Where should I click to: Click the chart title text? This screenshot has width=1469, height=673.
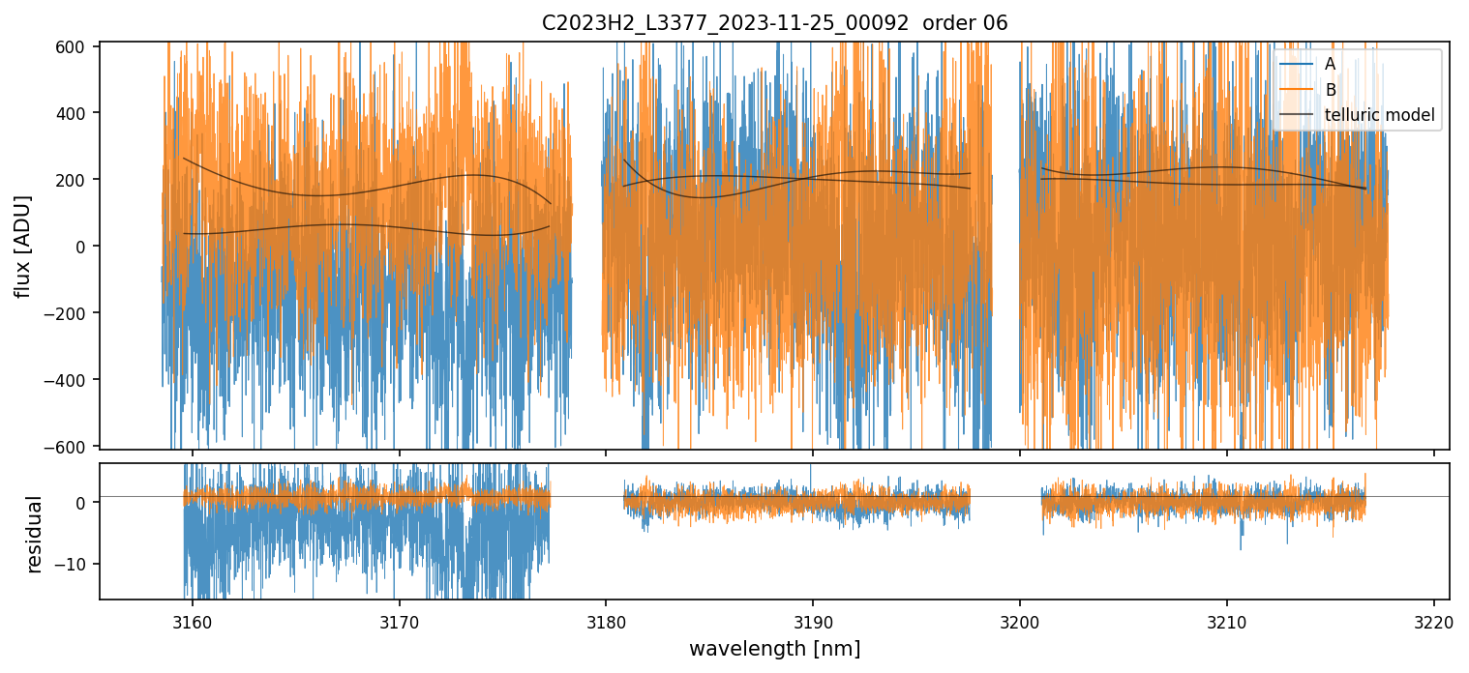point(774,23)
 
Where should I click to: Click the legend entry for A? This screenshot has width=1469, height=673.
point(1331,64)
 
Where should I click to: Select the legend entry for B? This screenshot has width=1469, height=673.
point(1331,90)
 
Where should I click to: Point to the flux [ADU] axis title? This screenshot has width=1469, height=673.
point(21,246)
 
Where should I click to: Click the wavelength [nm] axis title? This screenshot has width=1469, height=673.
point(774,649)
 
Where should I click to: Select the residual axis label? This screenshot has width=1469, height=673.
point(35,534)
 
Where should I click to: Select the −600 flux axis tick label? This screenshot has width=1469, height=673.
point(70,446)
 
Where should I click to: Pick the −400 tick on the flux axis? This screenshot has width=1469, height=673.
point(70,379)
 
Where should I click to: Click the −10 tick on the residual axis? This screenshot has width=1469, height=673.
point(75,564)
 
